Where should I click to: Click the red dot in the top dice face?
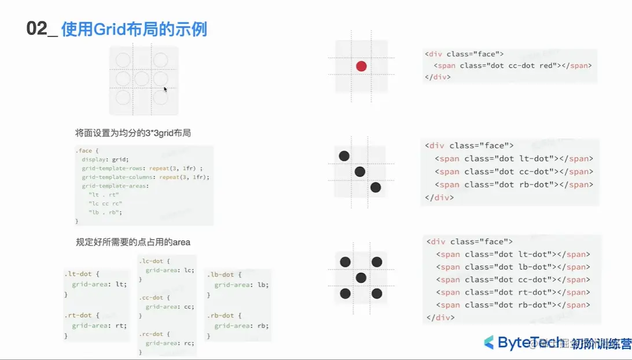361,66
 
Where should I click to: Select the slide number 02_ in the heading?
42,29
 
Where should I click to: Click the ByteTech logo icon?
489,342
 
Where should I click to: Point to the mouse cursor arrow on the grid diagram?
166,90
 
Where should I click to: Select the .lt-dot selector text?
82,273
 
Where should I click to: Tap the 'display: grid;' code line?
105,159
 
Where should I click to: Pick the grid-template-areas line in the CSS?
115,186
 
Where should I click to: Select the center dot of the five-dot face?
361,278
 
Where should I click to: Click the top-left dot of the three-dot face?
344,156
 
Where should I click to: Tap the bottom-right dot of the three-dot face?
376,187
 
